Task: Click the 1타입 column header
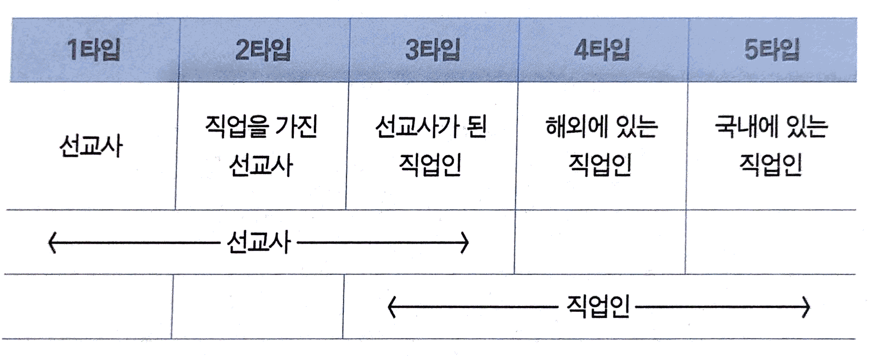click(x=94, y=50)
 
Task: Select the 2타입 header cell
click(x=263, y=50)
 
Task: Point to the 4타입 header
click(x=602, y=50)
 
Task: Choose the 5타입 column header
click(x=772, y=50)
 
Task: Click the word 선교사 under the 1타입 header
click(x=91, y=146)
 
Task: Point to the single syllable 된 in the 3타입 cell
click(x=477, y=126)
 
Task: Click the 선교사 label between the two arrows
click(x=258, y=242)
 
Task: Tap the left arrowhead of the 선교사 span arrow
click(x=52, y=243)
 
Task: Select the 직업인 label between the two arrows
click(x=598, y=307)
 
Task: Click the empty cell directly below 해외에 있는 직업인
click(x=600, y=242)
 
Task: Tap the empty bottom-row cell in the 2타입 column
click(x=257, y=306)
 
